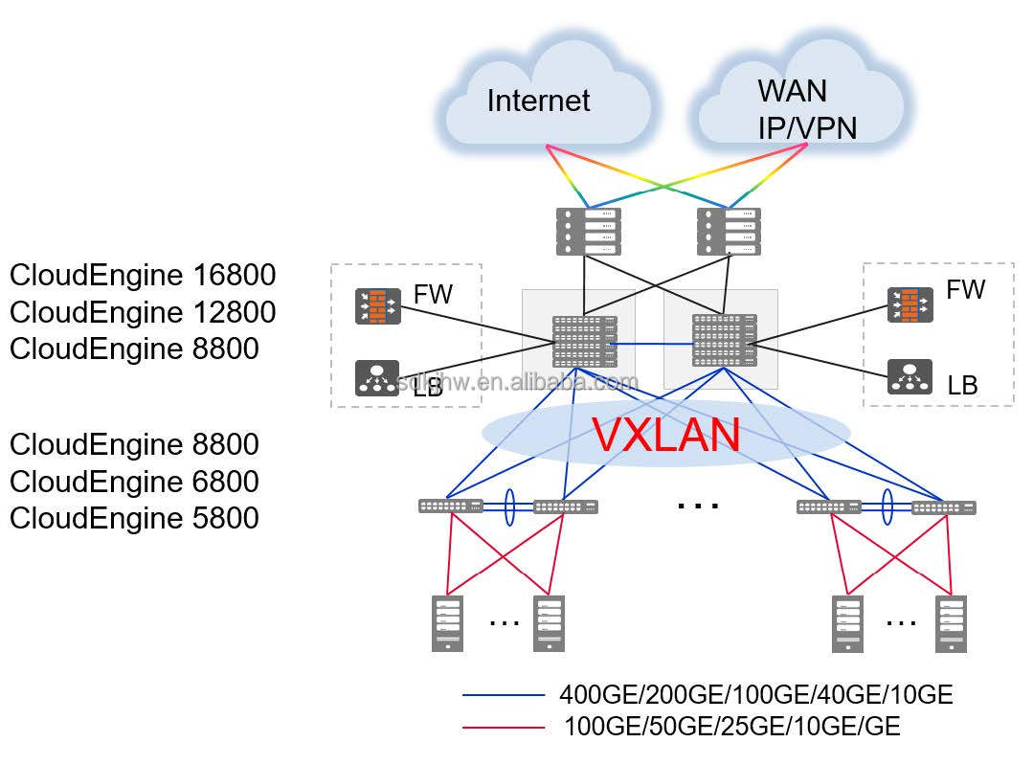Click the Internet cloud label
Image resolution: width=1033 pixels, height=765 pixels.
click(538, 101)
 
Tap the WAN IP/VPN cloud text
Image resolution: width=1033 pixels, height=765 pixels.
click(807, 109)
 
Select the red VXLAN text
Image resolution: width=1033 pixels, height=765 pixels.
click(666, 434)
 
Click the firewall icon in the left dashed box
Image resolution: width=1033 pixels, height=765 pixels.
click(377, 306)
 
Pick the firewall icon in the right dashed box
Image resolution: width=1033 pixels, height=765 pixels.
click(909, 304)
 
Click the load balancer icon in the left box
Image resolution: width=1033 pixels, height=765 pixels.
click(377, 378)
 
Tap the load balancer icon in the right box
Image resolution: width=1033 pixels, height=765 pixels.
click(909, 376)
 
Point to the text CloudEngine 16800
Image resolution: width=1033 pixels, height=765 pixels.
click(143, 276)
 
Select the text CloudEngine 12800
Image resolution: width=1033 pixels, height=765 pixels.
click(143, 312)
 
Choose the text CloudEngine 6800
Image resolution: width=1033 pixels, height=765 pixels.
click(134, 482)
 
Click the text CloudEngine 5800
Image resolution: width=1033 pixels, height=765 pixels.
click(134, 518)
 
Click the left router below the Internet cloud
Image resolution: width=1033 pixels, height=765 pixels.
click(589, 231)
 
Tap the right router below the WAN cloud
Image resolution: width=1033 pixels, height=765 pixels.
click(729, 231)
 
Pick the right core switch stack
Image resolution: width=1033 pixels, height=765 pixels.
click(725, 340)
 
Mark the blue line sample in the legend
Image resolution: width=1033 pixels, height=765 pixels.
click(504, 695)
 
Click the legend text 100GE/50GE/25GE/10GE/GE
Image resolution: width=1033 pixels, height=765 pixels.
click(732, 727)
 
